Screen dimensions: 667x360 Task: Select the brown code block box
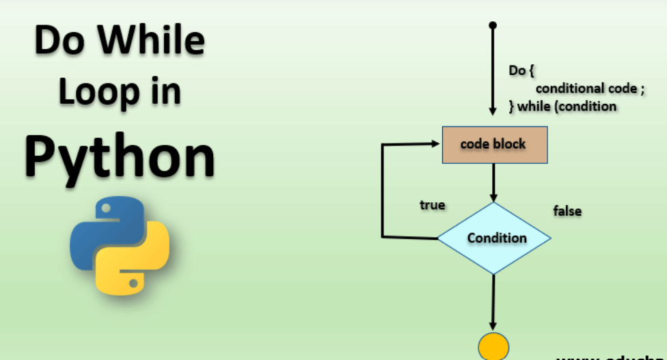[x=495, y=145]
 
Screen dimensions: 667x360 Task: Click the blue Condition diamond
[x=494, y=238]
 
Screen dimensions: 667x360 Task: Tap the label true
[x=432, y=205]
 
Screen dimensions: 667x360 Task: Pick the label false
[x=567, y=211]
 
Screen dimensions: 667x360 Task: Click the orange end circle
[x=493, y=346]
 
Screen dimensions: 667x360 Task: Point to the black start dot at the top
[x=493, y=25]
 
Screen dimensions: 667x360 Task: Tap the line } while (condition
[x=562, y=106]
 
